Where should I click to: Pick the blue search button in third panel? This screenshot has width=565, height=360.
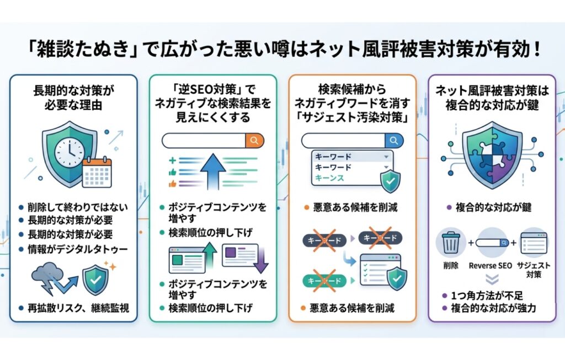pos(393,140)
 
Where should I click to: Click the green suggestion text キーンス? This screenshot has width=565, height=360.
pos(330,178)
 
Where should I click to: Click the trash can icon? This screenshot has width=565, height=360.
pos(451,243)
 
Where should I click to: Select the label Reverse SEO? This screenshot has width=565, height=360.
pos(491,266)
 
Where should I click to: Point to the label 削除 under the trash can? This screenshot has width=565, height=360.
pos(451,266)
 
